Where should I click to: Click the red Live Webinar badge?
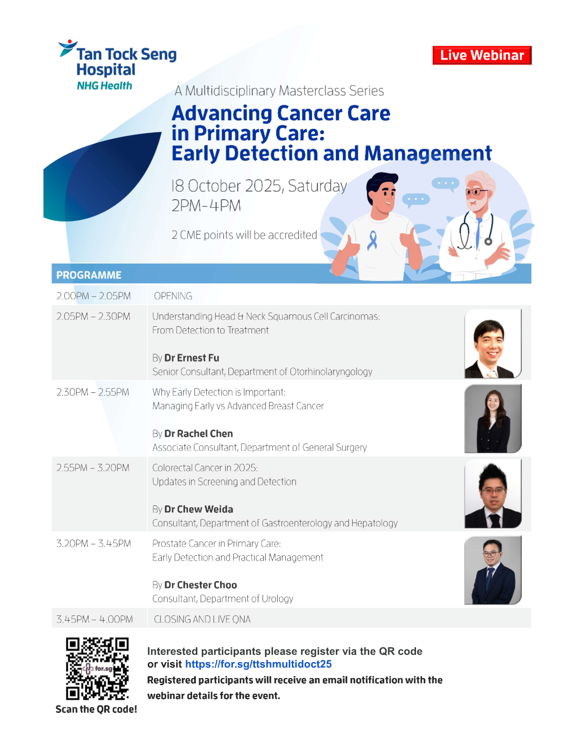482,55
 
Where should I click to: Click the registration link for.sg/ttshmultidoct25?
258,663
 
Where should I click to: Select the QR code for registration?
97,668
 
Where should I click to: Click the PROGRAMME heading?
88,275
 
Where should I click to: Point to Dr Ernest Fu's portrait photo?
493,343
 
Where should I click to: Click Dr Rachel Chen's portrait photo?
493,418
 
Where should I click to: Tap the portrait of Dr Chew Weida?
493,493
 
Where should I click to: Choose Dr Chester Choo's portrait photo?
493,569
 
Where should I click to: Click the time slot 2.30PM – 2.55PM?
93,392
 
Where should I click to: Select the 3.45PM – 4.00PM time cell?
94,619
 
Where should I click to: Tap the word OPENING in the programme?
173,296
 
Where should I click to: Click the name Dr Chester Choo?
201,585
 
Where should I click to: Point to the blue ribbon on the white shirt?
372,239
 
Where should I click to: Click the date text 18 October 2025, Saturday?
259,186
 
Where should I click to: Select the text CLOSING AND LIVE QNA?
202,619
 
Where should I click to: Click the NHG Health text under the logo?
104,85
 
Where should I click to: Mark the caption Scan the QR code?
96,709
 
